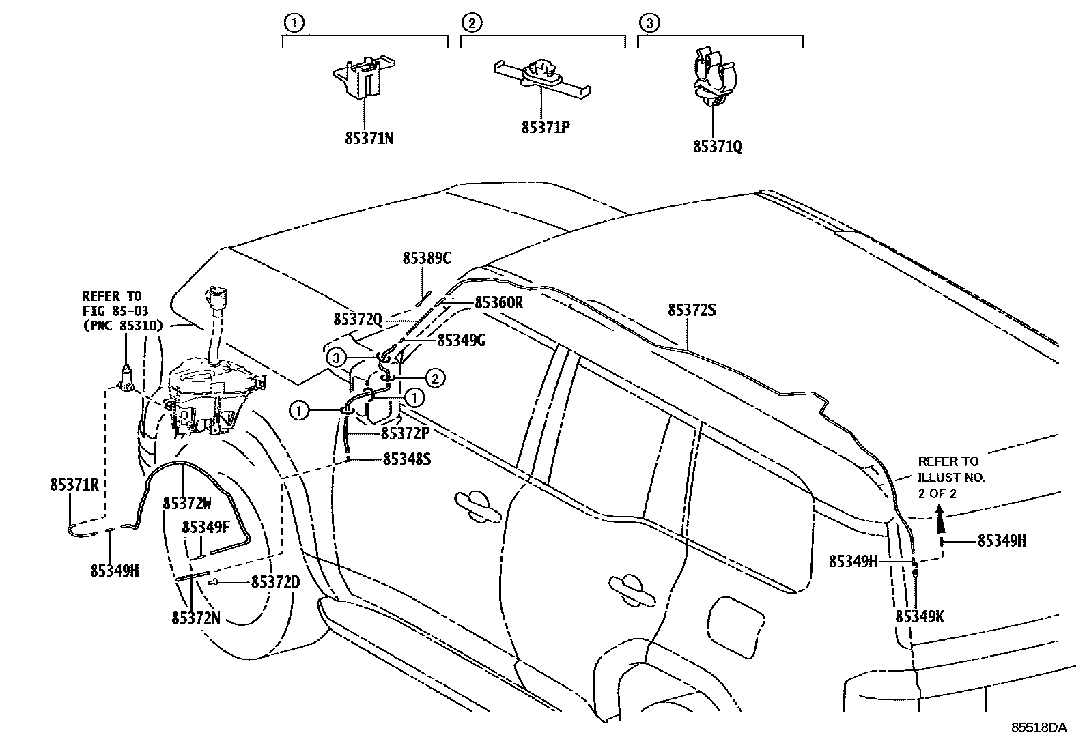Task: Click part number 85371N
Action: [369, 139]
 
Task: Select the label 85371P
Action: [545, 127]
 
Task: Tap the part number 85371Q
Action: [717, 146]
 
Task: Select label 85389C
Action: [427, 258]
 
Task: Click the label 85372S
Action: [692, 310]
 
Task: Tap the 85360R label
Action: [498, 302]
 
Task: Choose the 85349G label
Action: [461, 340]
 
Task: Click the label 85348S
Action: [406, 459]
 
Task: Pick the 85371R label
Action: [74, 485]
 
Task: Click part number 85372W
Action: [187, 503]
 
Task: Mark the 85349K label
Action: [919, 616]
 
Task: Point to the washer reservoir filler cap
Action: [216, 298]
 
